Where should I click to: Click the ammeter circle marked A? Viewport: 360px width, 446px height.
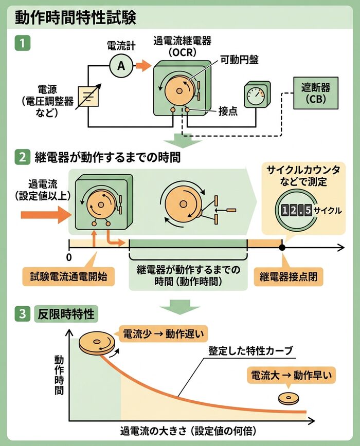tap(121, 65)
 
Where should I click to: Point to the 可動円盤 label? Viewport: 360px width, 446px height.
tap(239, 60)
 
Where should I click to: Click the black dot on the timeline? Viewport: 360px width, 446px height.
tap(282, 248)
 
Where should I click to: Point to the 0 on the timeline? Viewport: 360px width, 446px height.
tap(69, 255)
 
